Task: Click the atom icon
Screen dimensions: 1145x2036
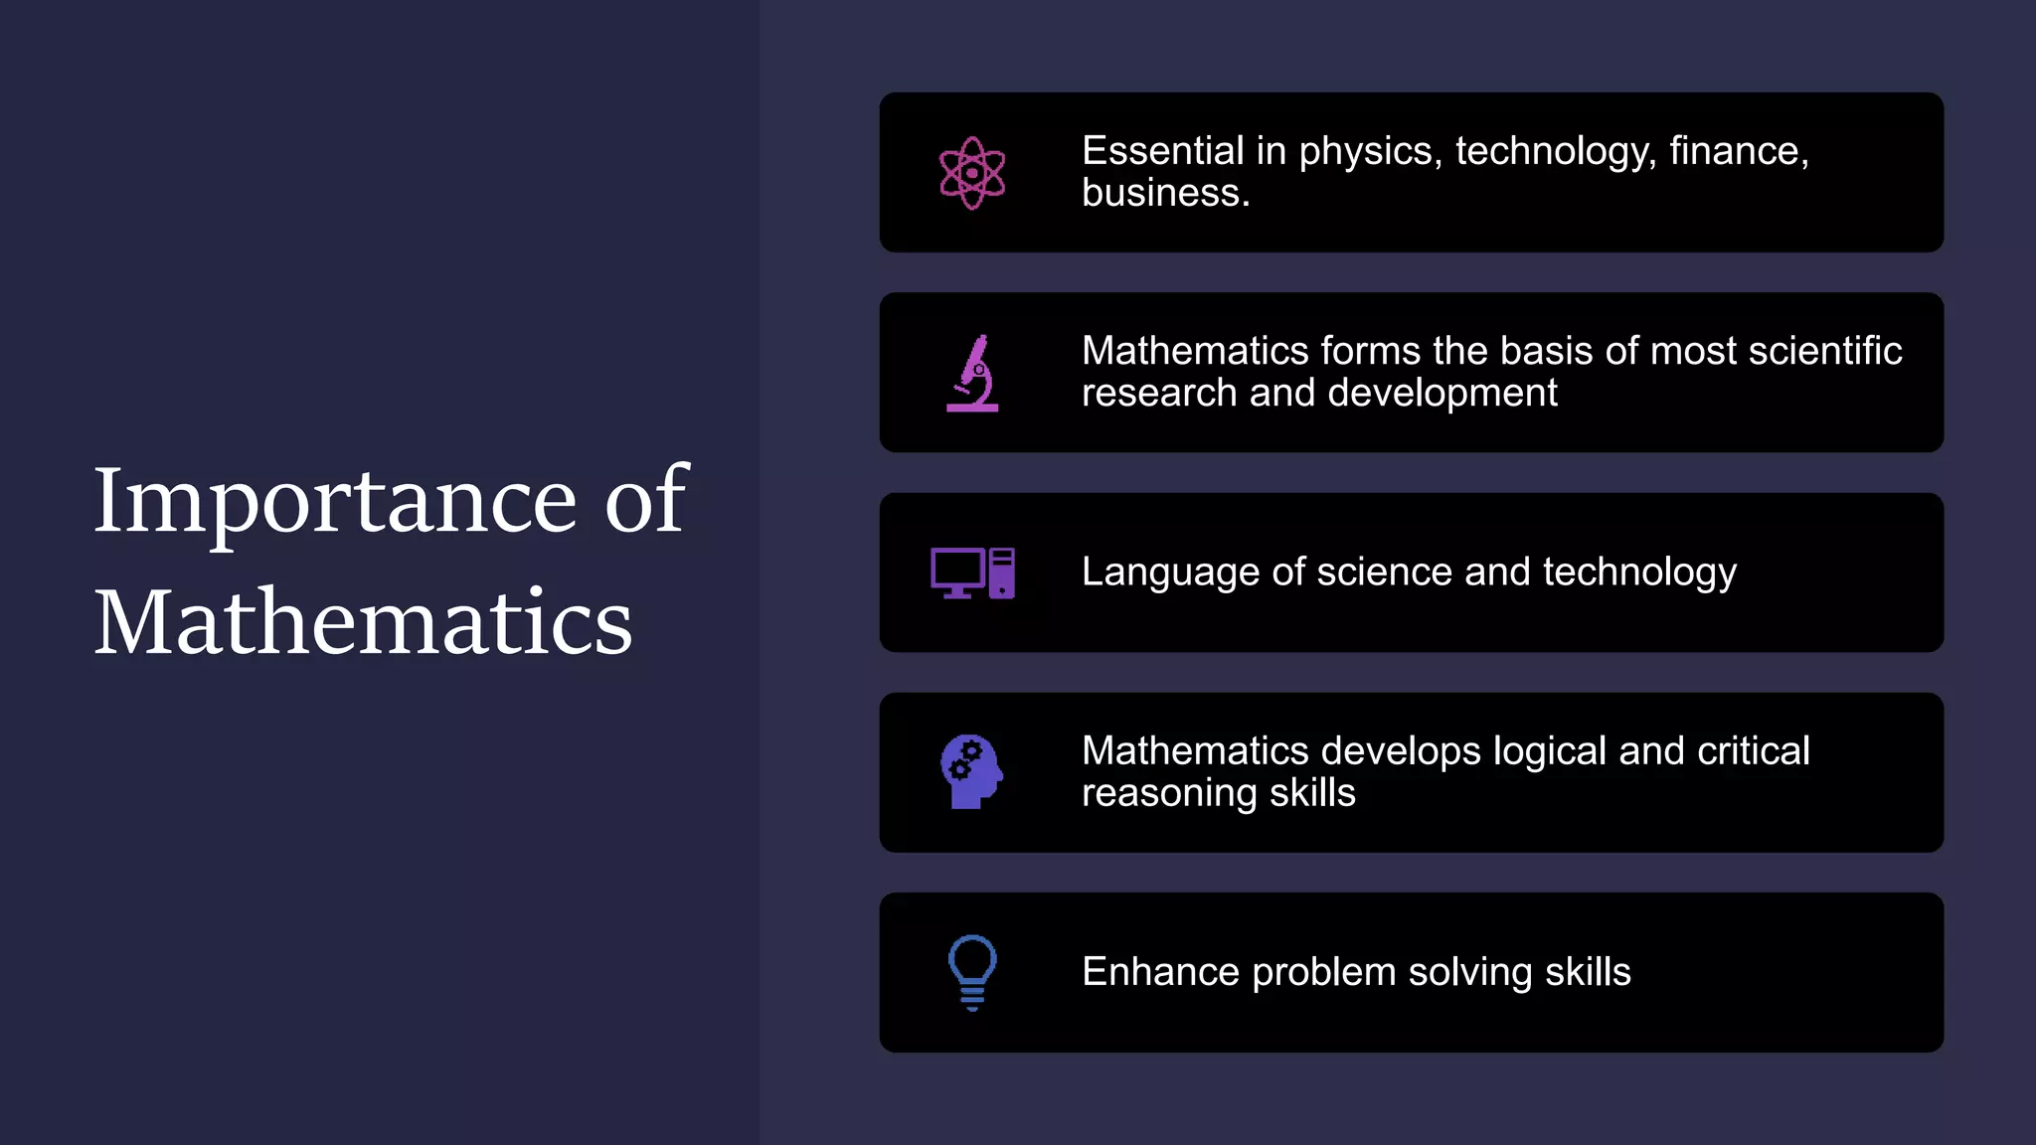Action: coord(972,173)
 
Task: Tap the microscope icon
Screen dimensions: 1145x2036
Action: coord(973,374)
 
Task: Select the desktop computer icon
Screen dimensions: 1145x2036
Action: coord(972,573)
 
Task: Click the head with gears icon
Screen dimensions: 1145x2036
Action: coord(971,772)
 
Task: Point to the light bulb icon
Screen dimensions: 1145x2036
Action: coord(972,972)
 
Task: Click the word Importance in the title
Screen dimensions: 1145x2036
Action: coord(334,501)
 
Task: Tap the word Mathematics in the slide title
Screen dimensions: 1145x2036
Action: coord(363,622)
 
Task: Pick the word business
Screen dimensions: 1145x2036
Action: coord(1165,194)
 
